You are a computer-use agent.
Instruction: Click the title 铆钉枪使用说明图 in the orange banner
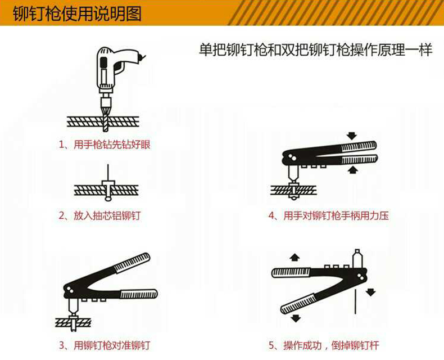point(77,13)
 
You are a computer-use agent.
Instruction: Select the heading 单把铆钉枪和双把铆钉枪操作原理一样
point(315,50)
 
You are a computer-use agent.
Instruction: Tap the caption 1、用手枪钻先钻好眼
point(104,145)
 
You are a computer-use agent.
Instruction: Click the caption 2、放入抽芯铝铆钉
point(99,215)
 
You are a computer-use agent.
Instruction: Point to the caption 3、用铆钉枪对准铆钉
point(104,345)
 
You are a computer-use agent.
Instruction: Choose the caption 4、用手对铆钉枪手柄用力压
point(328,215)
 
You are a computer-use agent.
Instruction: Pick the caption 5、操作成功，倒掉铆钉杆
point(324,345)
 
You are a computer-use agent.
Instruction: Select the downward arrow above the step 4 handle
point(352,136)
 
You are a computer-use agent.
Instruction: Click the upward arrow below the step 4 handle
point(352,169)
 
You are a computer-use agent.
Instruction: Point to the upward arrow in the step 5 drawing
point(295,258)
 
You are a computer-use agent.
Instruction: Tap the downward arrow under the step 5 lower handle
point(296,318)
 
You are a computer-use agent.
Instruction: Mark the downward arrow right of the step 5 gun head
point(370,292)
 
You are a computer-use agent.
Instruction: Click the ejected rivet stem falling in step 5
point(355,303)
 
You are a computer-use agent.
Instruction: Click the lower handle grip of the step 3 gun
point(139,294)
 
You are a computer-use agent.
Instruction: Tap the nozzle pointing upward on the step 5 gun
point(357,259)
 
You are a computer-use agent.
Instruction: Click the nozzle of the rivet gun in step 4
point(293,173)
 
